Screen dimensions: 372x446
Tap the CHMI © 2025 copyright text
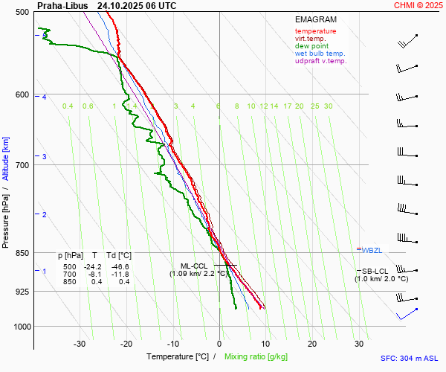418,5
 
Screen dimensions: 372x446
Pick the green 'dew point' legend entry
311,46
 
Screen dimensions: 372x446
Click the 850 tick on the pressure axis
22,253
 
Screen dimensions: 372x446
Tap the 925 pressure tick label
22,291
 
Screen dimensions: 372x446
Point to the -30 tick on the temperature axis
80,344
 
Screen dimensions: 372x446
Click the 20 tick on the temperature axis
312,344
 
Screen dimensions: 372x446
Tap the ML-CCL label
195,266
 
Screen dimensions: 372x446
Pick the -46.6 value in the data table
119,266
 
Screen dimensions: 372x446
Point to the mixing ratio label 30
328,106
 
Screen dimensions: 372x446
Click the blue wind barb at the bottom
407,314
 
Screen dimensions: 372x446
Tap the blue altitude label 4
45,97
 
